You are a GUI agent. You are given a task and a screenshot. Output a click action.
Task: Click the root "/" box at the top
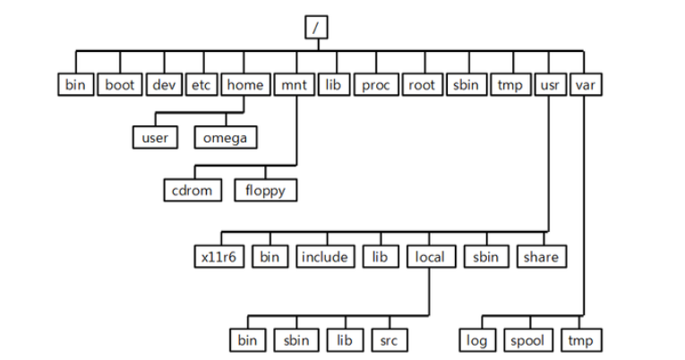[316, 28]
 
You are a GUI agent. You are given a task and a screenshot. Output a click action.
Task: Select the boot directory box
[120, 85]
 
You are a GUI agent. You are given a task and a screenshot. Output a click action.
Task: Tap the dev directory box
[164, 85]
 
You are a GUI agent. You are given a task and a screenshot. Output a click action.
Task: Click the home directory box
[244, 85]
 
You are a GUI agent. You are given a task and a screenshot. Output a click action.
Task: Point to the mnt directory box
[294, 85]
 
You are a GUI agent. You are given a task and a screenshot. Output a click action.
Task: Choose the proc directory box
[374, 85]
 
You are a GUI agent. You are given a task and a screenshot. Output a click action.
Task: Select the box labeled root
[421, 85]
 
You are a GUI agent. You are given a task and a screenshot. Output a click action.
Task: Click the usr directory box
[549, 85]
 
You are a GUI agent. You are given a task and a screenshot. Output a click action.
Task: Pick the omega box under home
[225, 138]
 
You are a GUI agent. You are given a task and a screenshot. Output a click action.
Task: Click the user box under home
[155, 138]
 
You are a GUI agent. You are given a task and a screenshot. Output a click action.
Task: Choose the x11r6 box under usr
[218, 257]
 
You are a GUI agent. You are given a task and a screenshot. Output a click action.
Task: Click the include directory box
[324, 257]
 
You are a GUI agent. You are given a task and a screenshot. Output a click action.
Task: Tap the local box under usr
[430, 257]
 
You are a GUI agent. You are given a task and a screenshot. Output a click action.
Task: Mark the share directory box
[541, 257]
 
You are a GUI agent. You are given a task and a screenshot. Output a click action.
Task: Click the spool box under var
[527, 340]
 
